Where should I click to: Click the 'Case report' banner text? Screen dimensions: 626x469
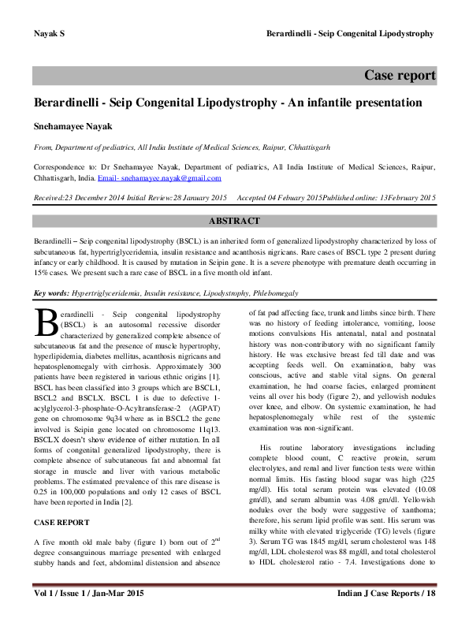click(399, 76)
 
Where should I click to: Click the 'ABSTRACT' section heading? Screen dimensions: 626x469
click(234, 222)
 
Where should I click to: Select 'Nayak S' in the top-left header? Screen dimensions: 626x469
click(48, 34)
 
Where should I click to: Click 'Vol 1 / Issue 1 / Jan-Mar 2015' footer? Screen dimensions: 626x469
click(84, 614)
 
